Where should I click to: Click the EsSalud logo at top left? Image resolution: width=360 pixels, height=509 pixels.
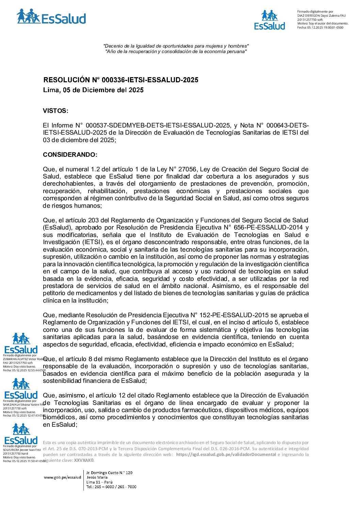click(x=51, y=17)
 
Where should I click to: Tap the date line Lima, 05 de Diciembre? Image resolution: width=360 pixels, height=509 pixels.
click(x=93, y=90)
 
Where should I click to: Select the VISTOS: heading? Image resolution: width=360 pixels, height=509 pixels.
click(x=55, y=111)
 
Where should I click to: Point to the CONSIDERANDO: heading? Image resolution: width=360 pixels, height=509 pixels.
click(x=70, y=155)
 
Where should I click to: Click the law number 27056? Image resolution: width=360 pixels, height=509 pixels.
click(x=187, y=169)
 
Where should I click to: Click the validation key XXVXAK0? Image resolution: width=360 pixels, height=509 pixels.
click(x=84, y=460)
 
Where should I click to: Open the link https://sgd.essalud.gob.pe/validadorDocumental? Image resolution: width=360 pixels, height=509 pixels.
click(x=226, y=455)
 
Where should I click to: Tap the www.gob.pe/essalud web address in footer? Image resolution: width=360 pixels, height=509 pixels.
click(x=63, y=477)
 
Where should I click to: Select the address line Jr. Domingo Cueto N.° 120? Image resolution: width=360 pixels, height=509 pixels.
click(x=109, y=473)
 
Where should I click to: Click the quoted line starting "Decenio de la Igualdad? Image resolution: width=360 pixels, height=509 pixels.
click(x=176, y=46)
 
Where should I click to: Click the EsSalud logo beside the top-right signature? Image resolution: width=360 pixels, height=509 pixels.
click(x=270, y=20)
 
